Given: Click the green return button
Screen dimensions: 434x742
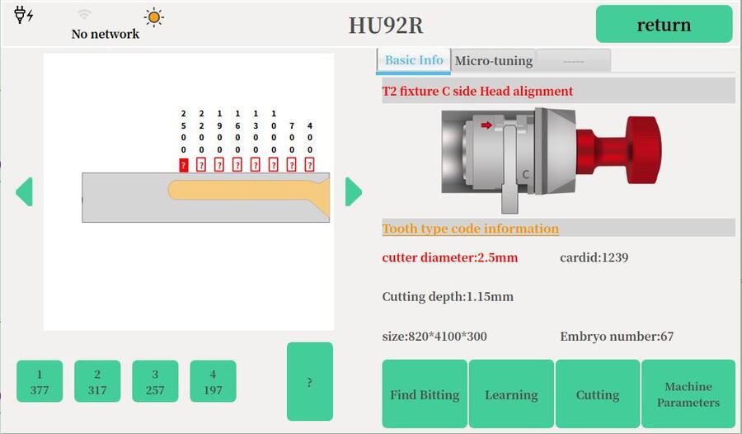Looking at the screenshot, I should [x=664, y=24].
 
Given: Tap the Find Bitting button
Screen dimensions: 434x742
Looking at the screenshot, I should [x=425, y=394].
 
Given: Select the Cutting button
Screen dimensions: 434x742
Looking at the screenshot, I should [x=598, y=394].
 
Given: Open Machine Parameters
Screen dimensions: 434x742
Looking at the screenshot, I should [x=688, y=394].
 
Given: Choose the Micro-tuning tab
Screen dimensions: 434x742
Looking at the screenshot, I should [x=494, y=61].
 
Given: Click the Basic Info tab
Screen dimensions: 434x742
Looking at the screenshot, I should [x=414, y=60].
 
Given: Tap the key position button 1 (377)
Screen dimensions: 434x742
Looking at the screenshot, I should [x=40, y=382].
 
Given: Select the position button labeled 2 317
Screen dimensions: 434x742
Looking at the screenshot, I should [x=97, y=382].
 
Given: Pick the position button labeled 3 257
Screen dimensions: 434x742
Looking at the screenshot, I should [x=155, y=382].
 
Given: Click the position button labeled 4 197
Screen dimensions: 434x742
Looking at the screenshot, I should [x=213, y=382].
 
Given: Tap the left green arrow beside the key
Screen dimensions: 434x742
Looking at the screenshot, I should [x=24, y=192].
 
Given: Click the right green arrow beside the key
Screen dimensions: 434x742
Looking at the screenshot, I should [x=354, y=192].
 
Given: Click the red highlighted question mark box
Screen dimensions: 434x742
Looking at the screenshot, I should [x=184, y=165].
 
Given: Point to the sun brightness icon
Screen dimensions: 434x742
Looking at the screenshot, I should [x=153, y=17].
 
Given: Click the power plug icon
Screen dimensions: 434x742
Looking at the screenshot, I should [x=23, y=15].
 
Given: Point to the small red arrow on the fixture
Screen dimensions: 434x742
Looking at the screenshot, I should [x=487, y=125].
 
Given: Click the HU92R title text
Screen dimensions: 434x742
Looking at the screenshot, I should [x=386, y=25].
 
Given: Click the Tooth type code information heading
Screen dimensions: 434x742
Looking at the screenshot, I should [x=470, y=229].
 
